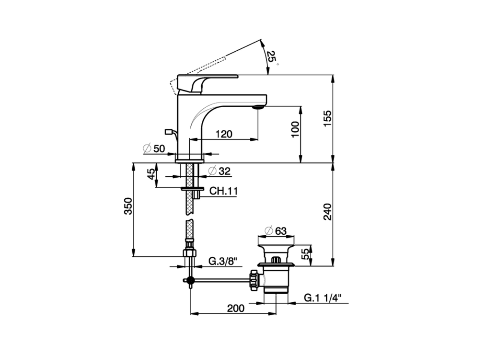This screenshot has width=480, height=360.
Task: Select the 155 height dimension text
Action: pyautogui.click(x=328, y=118)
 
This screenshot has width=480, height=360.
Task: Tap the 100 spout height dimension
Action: pyautogui.click(x=295, y=129)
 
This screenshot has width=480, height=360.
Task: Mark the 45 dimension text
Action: pyautogui.click(x=150, y=174)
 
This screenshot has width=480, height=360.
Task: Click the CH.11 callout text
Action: pyautogui.click(x=223, y=191)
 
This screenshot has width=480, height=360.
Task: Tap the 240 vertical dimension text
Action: pyautogui.click(x=328, y=211)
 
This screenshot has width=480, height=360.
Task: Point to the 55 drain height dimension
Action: pyautogui.click(x=306, y=254)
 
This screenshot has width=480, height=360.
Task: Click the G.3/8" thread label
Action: pyautogui.click(x=223, y=261)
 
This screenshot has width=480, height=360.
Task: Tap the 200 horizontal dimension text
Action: pyautogui.click(x=235, y=308)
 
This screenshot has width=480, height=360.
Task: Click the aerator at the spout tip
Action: pyautogui.click(x=258, y=108)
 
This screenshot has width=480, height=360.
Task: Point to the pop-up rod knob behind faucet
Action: pyautogui.click(x=168, y=132)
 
